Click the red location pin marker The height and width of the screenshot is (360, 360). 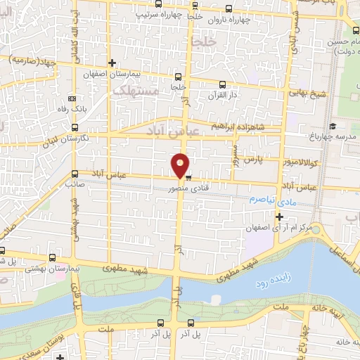[x=181, y=165]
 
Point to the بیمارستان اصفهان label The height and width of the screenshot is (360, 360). [x=144, y=73]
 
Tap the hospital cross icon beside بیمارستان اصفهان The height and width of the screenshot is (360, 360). [x=112, y=63]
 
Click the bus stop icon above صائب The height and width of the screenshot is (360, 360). [x=75, y=172]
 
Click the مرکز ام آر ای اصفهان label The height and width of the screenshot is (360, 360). [x=277, y=229]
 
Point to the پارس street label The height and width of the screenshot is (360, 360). [x=254, y=158]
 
